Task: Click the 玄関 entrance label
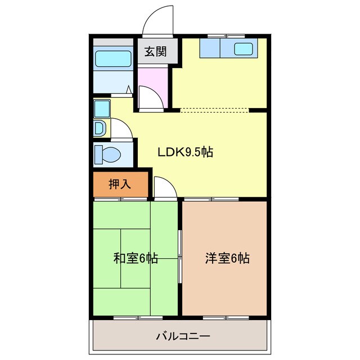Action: [x=156, y=52]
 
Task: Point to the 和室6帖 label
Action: [x=136, y=258]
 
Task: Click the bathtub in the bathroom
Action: [x=113, y=59]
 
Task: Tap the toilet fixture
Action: [x=107, y=153]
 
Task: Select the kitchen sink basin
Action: [x=244, y=48]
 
